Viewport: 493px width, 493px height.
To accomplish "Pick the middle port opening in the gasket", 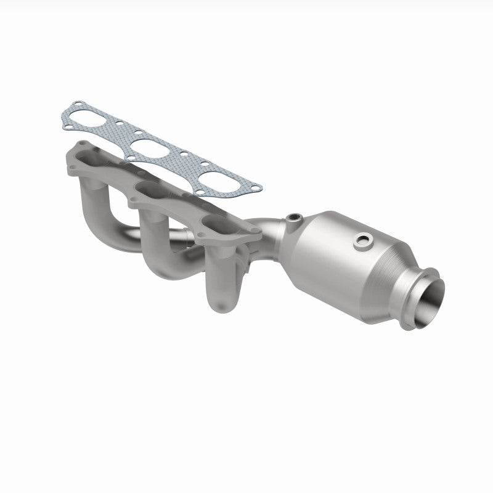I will [x=152, y=148].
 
